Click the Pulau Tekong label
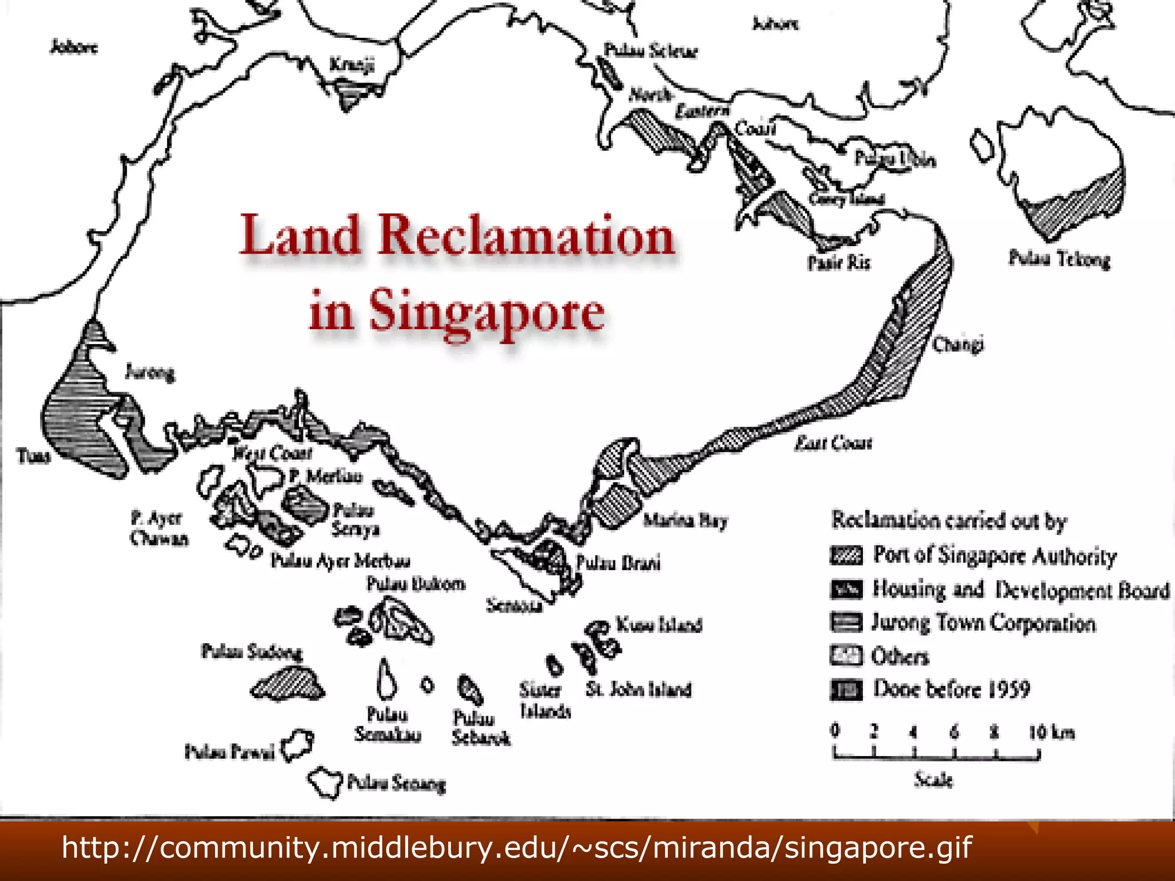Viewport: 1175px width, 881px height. click(1059, 259)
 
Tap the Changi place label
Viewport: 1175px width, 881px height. click(958, 344)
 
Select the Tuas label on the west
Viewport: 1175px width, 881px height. click(34, 456)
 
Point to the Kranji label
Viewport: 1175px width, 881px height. click(352, 64)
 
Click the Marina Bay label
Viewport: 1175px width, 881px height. click(685, 520)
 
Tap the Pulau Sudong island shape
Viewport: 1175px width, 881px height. click(287, 684)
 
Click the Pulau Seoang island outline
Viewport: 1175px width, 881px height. click(325, 781)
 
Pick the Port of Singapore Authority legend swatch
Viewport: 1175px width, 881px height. click(846, 555)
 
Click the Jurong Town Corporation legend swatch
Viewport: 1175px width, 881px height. click(846, 622)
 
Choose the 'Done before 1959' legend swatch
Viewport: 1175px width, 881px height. click(846, 689)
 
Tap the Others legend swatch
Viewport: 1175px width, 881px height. click(846, 656)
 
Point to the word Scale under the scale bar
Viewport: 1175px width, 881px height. click(933, 780)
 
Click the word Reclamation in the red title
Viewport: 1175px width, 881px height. click(526, 236)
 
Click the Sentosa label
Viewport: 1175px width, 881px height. click(514, 605)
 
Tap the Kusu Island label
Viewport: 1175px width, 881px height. click(659, 624)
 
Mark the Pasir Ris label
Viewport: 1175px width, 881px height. click(839, 263)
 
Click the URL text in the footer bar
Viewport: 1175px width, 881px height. click(517, 847)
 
